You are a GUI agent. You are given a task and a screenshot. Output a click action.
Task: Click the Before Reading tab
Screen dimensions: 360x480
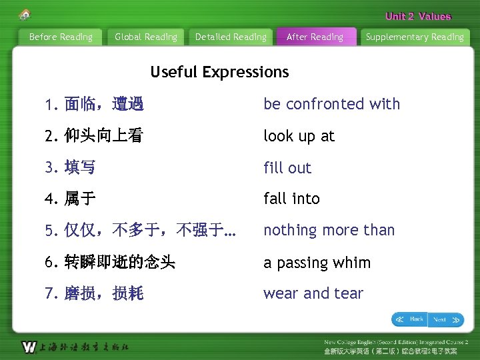pyautogui.click(x=61, y=37)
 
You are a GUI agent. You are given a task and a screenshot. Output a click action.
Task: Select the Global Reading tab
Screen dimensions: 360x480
pyautogui.click(x=146, y=37)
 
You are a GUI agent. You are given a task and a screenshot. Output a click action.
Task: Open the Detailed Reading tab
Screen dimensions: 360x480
pyautogui.click(x=231, y=37)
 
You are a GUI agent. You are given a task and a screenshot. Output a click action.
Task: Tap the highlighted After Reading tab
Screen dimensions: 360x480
pyautogui.click(x=315, y=37)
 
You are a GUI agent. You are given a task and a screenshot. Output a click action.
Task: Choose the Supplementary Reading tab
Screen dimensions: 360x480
pyautogui.click(x=415, y=37)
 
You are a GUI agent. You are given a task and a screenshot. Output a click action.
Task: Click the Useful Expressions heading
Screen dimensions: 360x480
pyautogui.click(x=219, y=72)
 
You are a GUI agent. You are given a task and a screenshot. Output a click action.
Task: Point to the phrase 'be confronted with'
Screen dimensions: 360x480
pyautogui.click(x=331, y=104)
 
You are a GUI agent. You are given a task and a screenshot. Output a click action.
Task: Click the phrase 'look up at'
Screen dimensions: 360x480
pyautogui.click(x=299, y=136)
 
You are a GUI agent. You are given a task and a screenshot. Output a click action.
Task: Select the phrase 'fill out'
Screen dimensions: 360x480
pyautogui.click(x=287, y=168)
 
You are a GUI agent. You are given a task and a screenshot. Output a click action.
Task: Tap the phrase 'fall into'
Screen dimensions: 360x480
pyautogui.click(x=291, y=199)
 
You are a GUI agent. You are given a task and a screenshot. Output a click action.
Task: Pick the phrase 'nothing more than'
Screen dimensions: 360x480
pyautogui.click(x=329, y=230)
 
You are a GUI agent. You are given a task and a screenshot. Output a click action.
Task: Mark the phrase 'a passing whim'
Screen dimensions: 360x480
pyautogui.click(x=317, y=263)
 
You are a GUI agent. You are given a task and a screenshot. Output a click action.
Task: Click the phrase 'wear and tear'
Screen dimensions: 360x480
pyautogui.click(x=313, y=293)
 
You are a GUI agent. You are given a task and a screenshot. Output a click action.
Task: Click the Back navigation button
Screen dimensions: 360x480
pyautogui.click(x=409, y=319)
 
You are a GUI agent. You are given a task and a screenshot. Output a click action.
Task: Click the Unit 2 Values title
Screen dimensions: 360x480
pyautogui.click(x=418, y=17)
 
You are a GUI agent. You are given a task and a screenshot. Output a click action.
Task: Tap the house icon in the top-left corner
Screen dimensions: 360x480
pyautogui.click(x=25, y=15)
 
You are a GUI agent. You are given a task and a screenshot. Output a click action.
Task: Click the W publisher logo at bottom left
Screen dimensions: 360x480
pyautogui.click(x=29, y=347)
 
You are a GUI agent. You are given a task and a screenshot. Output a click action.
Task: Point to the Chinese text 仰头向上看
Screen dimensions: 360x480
pyautogui.click(x=103, y=136)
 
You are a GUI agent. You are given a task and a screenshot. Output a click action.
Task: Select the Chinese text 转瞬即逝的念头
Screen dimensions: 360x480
pyautogui.click(x=119, y=263)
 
